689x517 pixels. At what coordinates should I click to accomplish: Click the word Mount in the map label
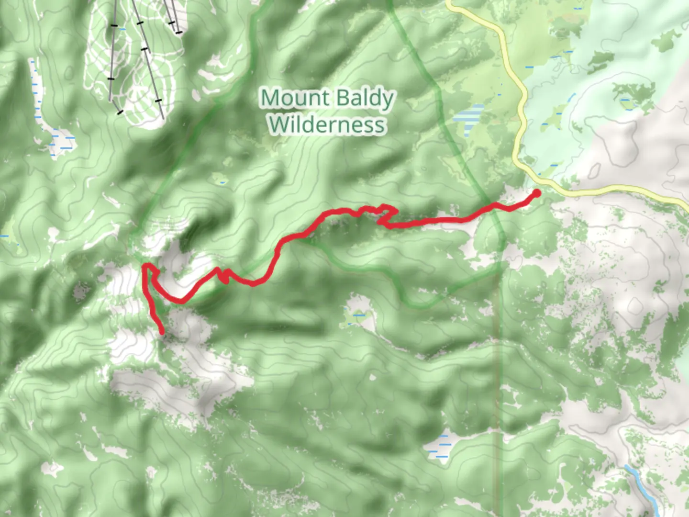click(x=295, y=99)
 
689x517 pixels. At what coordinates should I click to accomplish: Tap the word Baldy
click(x=365, y=99)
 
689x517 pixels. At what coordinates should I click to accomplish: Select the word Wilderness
click(x=327, y=124)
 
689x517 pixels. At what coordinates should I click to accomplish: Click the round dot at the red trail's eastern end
click(x=536, y=193)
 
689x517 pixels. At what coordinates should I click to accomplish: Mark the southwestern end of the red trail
click(x=162, y=331)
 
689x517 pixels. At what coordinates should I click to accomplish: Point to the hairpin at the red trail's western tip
click(x=146, y=267)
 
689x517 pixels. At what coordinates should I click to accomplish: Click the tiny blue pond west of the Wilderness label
click(x=221, y=181)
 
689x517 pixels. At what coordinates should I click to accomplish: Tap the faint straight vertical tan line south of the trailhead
click(x=500, y=383)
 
